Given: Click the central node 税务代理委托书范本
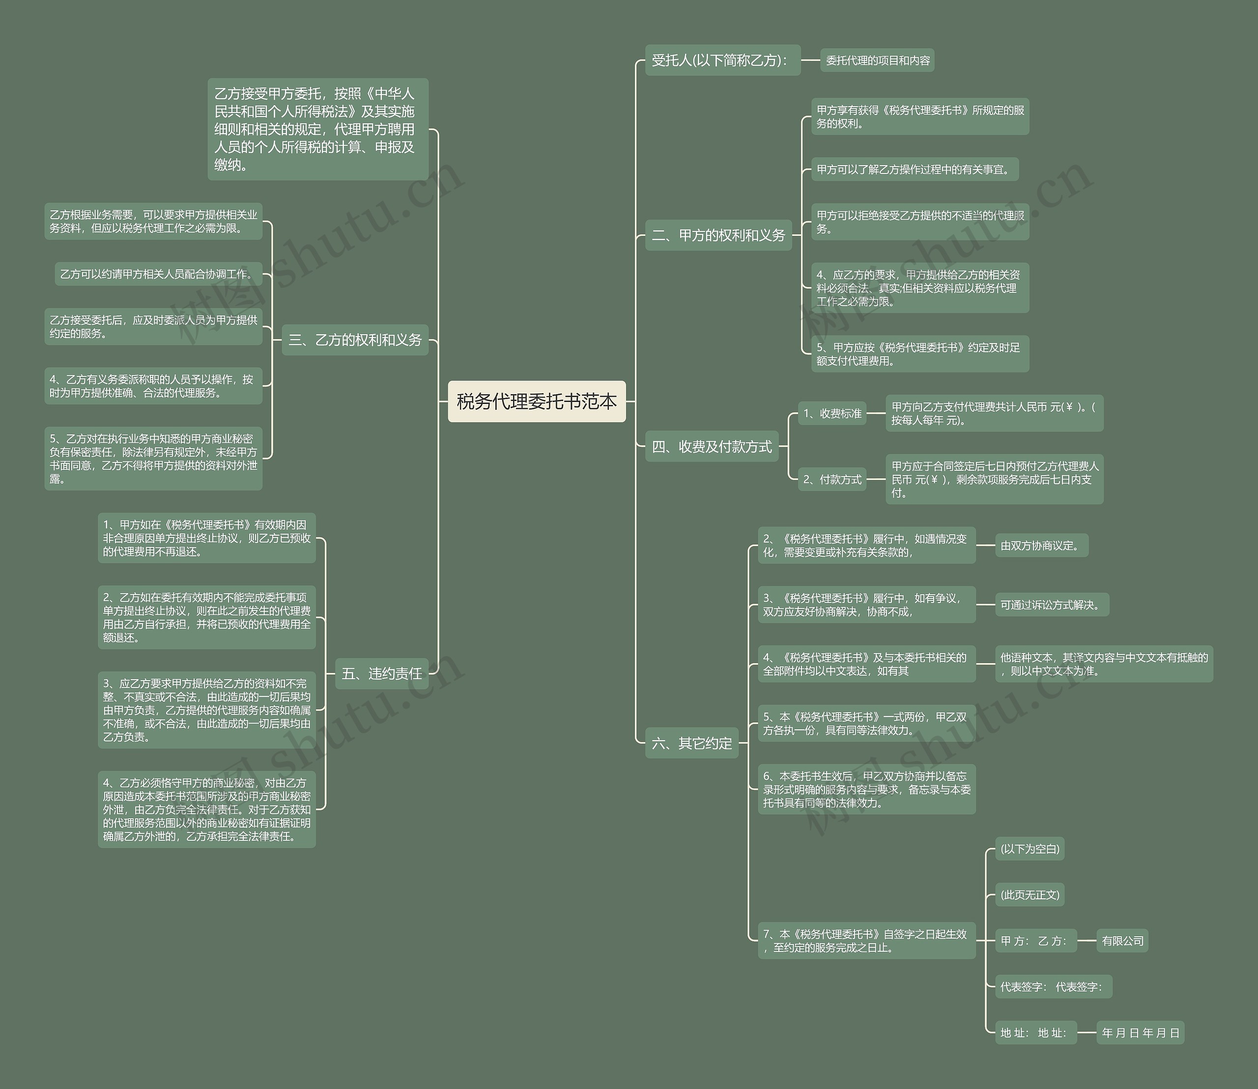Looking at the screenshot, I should coord(536,401).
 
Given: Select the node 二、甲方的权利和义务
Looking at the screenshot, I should coord(718,235).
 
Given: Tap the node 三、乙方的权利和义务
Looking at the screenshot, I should coord(355,340).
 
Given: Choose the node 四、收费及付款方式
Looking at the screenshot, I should coord(712,447).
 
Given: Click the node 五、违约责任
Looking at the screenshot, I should coord(382,673).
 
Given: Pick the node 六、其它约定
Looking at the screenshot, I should coord(691,743).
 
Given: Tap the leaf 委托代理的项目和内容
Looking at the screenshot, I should coord(877,60).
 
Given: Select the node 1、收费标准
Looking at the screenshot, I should coord(832,413).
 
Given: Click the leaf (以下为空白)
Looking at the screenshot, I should coord(1029,849).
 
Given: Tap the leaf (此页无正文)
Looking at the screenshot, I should coord(1029,894).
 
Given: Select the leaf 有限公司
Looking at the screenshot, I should coord(1122,941).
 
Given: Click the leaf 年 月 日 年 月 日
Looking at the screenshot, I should coord(1140,1032).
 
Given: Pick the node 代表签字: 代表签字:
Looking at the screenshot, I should coord(1053,986).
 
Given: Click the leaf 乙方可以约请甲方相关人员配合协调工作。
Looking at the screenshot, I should coord(158,274).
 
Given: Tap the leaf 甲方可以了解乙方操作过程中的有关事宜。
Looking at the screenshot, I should coord(915,170).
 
